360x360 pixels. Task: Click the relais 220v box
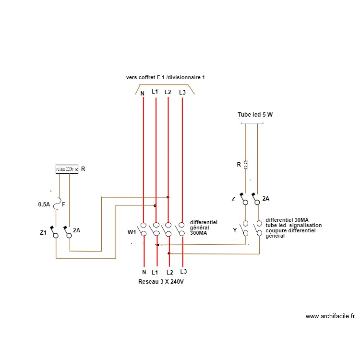(67, 169)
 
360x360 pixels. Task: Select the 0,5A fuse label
(44, 204)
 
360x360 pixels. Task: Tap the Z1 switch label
(43, 233)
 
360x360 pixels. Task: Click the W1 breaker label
(132, 232)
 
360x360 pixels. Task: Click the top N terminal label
(143, 93)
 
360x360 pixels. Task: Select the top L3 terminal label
(182, 93)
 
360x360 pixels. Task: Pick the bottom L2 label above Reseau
(169, 272)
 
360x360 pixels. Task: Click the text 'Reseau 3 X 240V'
(161, 282)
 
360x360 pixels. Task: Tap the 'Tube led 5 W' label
(255, 115)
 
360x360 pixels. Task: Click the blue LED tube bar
(252, 124)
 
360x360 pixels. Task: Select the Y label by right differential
(235, 230)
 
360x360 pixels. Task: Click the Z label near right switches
(233, 199)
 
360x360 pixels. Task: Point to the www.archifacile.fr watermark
(330, 316)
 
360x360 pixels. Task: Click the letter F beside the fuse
(64, 204)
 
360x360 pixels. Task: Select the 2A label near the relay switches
(76, 230)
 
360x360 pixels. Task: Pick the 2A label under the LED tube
(265, 198)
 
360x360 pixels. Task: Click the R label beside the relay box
(83, 169)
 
